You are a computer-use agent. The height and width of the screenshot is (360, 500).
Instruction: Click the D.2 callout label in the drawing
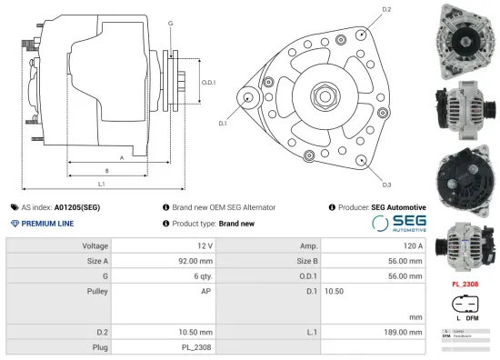tap(386, 9)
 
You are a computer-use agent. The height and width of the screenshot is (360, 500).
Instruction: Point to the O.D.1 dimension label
tap(207, 83)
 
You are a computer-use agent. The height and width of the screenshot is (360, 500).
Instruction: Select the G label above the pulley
tap(171, 23)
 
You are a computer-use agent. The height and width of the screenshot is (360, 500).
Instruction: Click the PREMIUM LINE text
tap(47, 224)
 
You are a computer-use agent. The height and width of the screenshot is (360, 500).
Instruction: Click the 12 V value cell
tap(204, 245)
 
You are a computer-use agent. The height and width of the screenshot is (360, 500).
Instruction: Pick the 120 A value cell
tap(413, 245)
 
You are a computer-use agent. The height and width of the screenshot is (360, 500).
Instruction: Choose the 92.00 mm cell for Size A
tap(194, 261)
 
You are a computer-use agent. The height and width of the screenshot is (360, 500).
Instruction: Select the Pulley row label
tap(95, 291)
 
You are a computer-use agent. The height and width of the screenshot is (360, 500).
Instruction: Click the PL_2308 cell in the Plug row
tap(197, 346)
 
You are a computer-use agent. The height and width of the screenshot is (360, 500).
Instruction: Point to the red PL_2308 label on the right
tap(465, 284)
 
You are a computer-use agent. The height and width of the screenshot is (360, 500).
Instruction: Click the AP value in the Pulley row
tap(206, 291)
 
